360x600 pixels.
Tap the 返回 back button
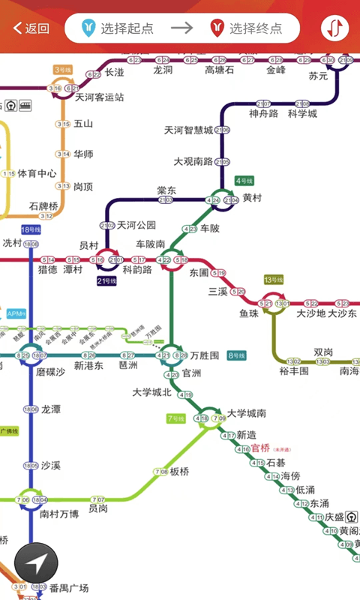tap(31, 28)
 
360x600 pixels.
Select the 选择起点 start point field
tap(120, 28)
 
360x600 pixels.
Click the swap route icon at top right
tap(334, 28)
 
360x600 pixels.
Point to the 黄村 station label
tap(252, 198)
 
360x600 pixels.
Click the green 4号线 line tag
tap(245, 181)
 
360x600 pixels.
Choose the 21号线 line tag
tap(107, 281)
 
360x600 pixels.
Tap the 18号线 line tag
tap(31, 229)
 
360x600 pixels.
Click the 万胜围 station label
tap(205, 355)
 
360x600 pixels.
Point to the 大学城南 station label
tap(246, 413)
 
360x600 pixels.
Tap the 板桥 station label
tap(180, 472)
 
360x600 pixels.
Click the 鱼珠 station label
tap(249, 313)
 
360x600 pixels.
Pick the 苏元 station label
tap(319, 76)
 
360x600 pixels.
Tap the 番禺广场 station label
tap(68, 587)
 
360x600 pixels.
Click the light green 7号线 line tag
tap(175, 418)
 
